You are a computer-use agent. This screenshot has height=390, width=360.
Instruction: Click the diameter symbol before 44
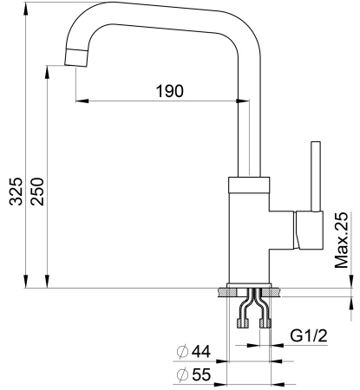pyautogui.click(x=181, y=351)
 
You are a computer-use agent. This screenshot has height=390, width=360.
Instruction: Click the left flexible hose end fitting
pyautogui.click(x=239, y=325)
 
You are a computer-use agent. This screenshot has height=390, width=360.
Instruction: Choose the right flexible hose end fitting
pyautogui.click(x=259, y=325)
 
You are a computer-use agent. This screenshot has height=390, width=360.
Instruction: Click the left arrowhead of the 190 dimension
pyautogui.click(x=82, y=103)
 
